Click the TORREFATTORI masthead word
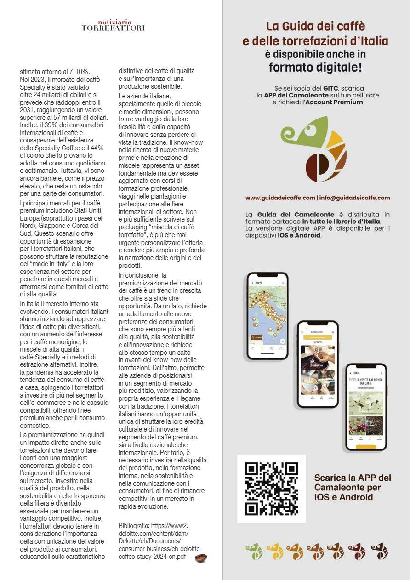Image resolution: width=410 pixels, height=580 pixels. point(113,28)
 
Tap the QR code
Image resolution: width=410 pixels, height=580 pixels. point(271,489)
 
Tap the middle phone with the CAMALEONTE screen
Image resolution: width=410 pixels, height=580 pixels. point(318,364)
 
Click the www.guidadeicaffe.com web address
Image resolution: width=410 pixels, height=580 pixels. point(280,198)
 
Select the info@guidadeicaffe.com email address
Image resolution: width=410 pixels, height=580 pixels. point(354,198)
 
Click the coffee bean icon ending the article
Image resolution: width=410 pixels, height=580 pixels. point(201,557)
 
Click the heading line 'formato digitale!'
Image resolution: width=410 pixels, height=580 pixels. point(315,68)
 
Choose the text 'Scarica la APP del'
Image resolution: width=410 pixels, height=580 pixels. point(353,478)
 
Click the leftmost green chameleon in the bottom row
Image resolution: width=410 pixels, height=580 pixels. point(254,552)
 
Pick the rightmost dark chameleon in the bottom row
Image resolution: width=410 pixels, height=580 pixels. point(380,552)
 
